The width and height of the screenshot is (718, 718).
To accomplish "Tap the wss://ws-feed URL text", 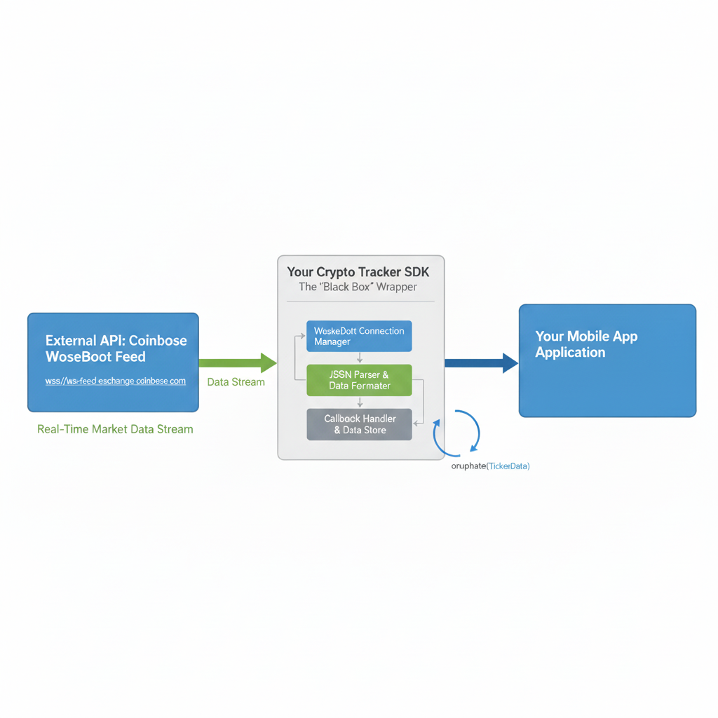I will point(115,381).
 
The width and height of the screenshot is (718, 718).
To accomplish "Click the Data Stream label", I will point(236,382).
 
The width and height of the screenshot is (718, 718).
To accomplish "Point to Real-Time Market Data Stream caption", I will point(115,428).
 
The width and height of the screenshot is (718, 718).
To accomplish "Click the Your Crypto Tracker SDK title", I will point(358,271).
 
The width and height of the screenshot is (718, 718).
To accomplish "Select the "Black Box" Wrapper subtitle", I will point(358,287).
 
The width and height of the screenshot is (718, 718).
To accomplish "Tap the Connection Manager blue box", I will point(359,336).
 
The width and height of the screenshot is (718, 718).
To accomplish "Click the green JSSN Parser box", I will point(359,380).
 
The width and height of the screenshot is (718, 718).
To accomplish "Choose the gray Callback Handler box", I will point(359,424).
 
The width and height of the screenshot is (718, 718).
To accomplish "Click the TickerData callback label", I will point(490,466).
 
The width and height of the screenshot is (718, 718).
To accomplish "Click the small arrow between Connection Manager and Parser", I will point(360,358).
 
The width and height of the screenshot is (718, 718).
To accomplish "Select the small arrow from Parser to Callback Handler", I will point(360,402).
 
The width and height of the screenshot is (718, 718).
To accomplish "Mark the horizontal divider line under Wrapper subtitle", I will point(360,302).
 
